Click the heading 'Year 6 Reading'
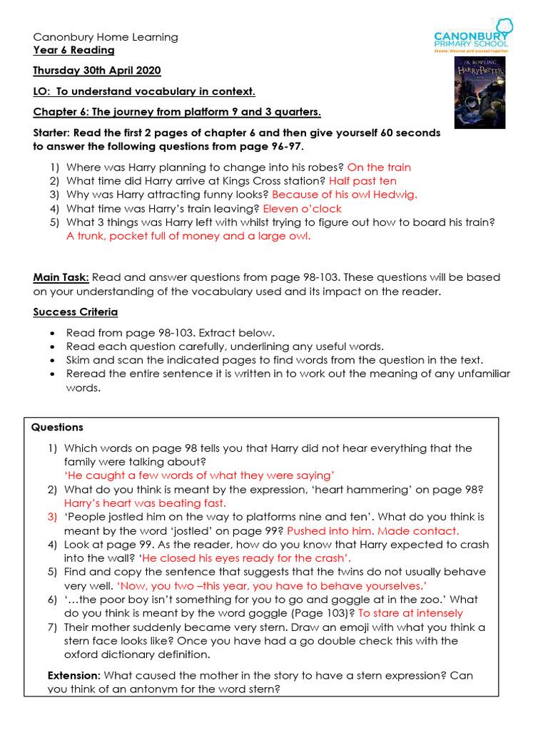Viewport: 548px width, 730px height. (73, 51)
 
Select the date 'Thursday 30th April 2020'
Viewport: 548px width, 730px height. (97, 71)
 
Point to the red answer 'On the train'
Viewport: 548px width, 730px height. (379, 168)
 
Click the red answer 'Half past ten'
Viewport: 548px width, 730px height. (362, 181)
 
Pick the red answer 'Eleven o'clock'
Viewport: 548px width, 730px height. (302, 209)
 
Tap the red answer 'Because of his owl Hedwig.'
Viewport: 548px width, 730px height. (345, 195)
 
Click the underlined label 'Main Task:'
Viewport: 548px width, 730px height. (61, 277)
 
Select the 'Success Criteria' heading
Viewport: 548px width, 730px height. (76, 312)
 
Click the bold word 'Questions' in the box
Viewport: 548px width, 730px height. (57, 428)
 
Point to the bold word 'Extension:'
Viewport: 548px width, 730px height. (73, 676)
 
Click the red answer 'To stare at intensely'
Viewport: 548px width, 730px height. (410, 613)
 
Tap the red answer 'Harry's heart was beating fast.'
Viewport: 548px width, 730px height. (145, 503)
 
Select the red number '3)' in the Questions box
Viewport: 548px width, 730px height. (52, 517)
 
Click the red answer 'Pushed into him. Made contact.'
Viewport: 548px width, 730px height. (373, 531)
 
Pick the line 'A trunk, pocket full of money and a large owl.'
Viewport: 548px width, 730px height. (188, 237)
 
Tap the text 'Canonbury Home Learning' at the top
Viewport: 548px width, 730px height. (106, 37)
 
